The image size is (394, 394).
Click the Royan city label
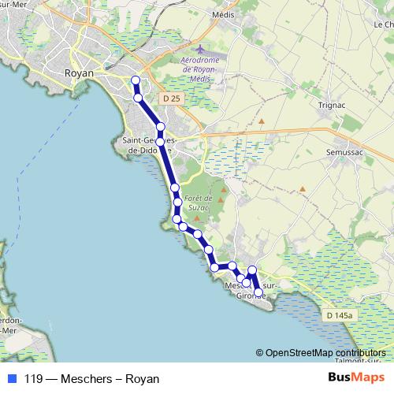tap(78, 72)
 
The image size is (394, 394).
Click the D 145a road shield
tap(338, 315)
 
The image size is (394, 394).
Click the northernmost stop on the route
tap(136, 80)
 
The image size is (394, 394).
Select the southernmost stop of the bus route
tap(258, 293)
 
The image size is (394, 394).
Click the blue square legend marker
tap(12, 378)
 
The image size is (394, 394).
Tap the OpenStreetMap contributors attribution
tap(325, 353)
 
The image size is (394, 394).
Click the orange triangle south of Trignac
tap(261, 122)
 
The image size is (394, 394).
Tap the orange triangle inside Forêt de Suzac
tap(221, 199)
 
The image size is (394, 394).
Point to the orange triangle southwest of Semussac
tap(303, 189)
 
